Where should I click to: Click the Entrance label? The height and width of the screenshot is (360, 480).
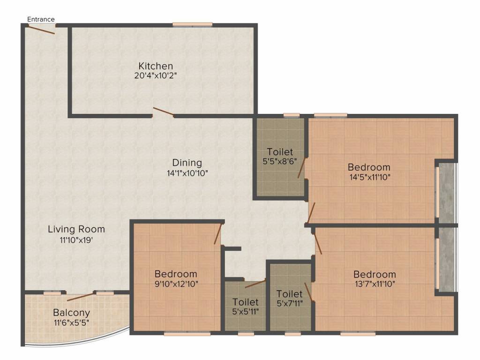click(x=41, y=19)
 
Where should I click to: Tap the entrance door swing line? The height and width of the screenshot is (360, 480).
click(x=42, y=30)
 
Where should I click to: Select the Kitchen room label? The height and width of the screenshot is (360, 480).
click(x=156, y=66)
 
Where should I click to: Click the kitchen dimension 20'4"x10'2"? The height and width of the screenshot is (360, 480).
click(x=156, y=75)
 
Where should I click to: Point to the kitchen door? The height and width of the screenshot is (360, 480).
click(x=164, y=112)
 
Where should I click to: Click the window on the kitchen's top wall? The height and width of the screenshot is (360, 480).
click(x=192, y=25)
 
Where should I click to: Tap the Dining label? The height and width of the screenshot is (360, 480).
click(x=187, y=163)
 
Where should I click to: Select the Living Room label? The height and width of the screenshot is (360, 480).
click(x=76, y=229)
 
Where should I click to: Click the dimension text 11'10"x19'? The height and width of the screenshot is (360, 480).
click(x=76, y=240)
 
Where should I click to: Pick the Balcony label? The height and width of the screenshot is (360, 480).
click(x=71, y=313)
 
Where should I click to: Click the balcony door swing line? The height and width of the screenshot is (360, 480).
click(x=80, y=297)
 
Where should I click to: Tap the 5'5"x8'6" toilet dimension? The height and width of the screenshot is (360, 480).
click(x=280, y=161)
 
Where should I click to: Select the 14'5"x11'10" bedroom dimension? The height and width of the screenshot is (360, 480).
click(x=370, y=177)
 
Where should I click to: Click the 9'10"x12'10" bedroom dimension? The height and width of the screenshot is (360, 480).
click(x=176, y=284)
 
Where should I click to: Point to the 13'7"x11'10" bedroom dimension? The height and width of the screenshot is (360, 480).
click(x=375, y=284)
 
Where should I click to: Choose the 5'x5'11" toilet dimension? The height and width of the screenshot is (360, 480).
click(x=246, y=312)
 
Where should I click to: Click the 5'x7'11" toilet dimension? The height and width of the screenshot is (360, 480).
click(x=290, y=303)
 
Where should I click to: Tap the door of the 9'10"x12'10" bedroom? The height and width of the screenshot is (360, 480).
click(x=217, y=234)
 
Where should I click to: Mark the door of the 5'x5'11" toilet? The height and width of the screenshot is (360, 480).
click(x=255, y=284)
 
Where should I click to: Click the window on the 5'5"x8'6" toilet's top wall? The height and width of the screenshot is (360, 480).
click(x=292, y=115)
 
